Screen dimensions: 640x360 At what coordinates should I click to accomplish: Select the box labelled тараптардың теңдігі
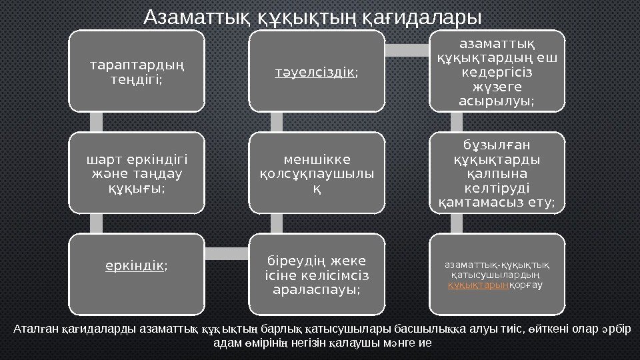137,71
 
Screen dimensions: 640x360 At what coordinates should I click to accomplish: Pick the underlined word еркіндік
134,266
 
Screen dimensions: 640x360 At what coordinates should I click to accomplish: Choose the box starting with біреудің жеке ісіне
317,274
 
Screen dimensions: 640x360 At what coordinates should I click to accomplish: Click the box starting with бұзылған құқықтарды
497,172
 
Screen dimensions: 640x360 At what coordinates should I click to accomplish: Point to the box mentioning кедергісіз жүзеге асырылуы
497,73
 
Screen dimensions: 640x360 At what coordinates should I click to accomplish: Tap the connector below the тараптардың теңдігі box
97,121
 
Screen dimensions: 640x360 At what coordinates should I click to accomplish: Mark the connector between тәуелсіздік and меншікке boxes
277,121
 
